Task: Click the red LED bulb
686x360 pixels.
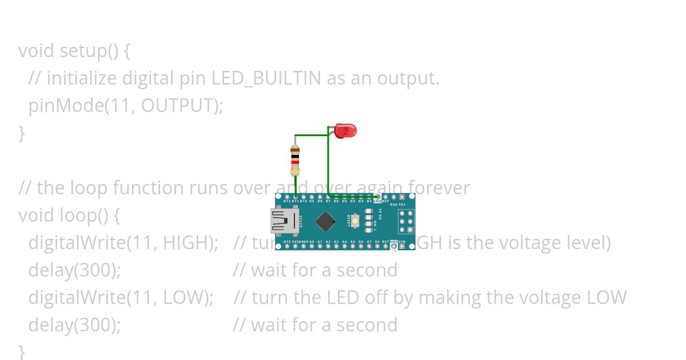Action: (345, 131)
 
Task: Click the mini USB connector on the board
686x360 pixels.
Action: (284, 221)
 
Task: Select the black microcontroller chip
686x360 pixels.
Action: (325, 222)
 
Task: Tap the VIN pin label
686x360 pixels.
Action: (402, 242)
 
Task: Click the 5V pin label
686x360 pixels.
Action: (377, 242)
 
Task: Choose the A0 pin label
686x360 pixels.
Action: (312, 242)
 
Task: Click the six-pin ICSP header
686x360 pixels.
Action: (406, 221)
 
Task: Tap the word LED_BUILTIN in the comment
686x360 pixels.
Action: (266, 78)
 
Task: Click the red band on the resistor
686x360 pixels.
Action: (295, 162)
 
